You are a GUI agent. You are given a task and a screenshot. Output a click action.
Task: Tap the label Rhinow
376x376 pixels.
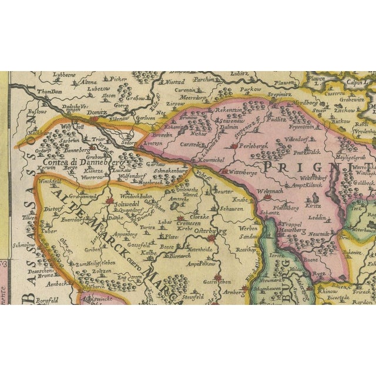coord(327,291)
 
